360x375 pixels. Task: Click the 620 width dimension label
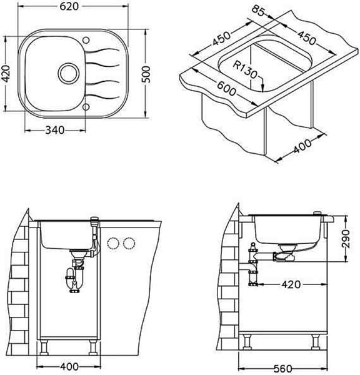tap(69, 6)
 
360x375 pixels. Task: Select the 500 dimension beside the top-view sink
tap(146, 74)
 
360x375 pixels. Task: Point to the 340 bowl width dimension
tap(55, 131)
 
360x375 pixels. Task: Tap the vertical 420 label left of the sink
tap(6, 74)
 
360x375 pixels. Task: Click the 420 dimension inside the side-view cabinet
tap(291, 284)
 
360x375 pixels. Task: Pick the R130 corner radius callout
tap(245, 69)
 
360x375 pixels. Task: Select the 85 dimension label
tap(258, 11)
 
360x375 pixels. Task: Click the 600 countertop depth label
tap(226, 89)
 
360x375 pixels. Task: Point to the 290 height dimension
tap(346, 239)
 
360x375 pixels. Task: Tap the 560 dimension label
tap(282, 369)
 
